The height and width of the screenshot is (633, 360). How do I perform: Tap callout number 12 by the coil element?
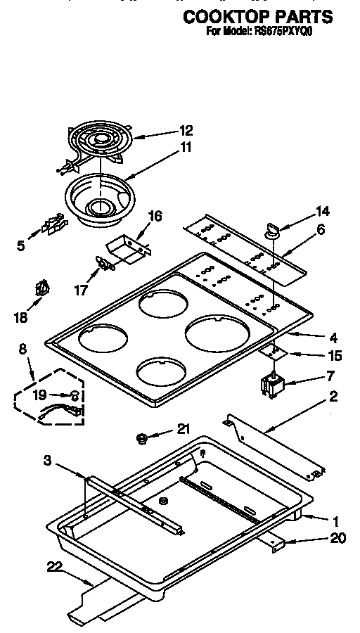tap(186, 130)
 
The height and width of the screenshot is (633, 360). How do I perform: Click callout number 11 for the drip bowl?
tap(186, 147)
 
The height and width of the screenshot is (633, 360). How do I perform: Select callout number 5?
tap(20, 245)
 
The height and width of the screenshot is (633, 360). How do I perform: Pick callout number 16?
tap(155, 216)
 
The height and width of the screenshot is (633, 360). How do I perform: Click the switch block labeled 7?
tap(270, 385)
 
